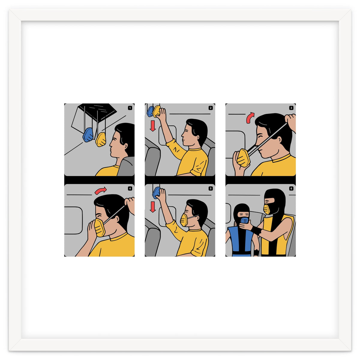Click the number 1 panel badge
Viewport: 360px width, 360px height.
(x=130, y=108)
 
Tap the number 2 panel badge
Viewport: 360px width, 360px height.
(x=211, y=108)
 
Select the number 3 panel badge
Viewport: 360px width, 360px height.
(x=291, y=108)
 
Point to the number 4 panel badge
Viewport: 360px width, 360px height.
(x=130, y=189)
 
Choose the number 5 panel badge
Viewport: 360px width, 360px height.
(x=211, y=189)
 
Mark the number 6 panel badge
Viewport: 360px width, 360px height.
(x=291, y=189)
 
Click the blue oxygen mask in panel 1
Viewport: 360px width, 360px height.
(x=89, y=135)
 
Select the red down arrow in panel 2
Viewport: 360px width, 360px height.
(x=153, y=125)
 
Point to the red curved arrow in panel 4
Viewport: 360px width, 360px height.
(x=100, y=190)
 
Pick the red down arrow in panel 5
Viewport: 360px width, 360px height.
(x=153, y=206)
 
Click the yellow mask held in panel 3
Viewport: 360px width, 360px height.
(x=243, y=158)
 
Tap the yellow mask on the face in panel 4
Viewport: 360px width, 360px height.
(x=100, y=227)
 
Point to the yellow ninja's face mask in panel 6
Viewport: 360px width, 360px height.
(x=266, y=209)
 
